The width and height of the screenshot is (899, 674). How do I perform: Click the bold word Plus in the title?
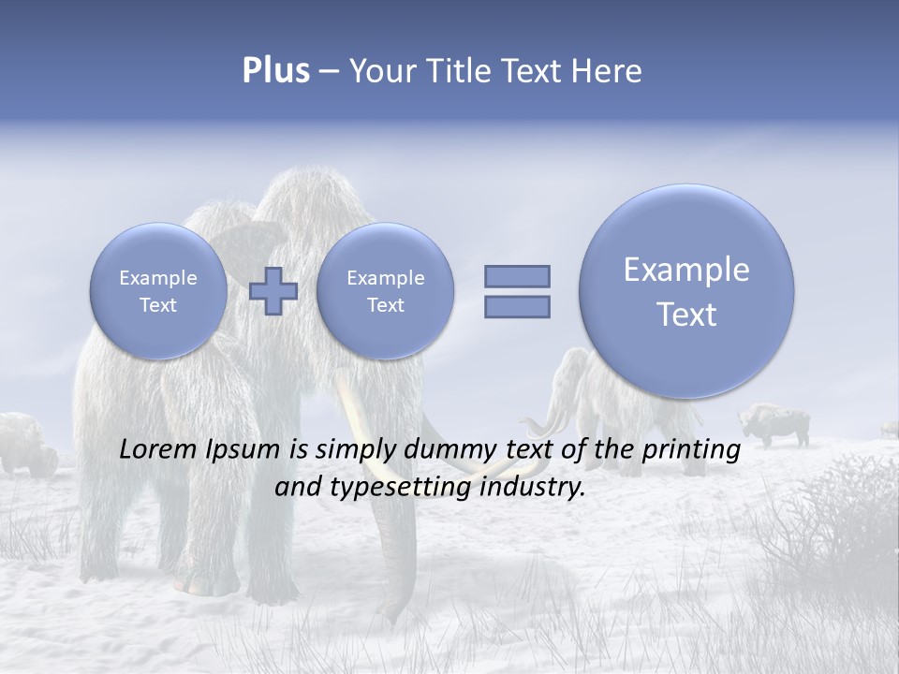tap(275, 71)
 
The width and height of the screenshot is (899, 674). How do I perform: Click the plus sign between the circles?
tap(273, 290)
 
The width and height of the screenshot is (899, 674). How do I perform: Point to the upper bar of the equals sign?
tap(517, 276)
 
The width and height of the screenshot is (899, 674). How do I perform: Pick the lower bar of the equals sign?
tap(517, 306)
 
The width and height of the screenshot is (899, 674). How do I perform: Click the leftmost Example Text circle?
tap(158, 290)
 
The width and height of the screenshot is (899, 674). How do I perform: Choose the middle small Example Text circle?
tap(385, 290)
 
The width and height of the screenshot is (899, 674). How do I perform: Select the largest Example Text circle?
tap(686, 291)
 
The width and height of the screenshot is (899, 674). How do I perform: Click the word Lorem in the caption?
tap(159, 449)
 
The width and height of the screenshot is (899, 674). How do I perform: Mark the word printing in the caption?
tap(691, 449)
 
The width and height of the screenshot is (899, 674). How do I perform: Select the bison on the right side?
tap(773, 424)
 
